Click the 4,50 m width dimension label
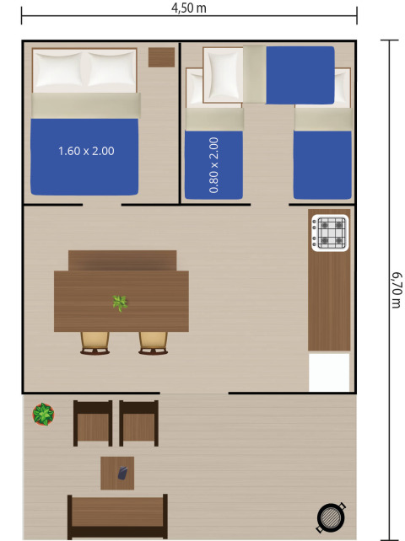[188, 8]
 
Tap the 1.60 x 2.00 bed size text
[86, 152]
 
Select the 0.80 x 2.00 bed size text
[213, 165]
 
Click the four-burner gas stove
[329, 233]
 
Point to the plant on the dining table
[121, 303]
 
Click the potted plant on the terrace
[42, 414]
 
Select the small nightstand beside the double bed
[161, 57]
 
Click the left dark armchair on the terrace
[93, 422]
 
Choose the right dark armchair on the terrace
[138, 422]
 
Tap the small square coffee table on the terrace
[117, 473]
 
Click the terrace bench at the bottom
[117, 513]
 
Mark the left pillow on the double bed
[58, 70]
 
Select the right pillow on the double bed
[111, 72]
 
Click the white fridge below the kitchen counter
[329, 372]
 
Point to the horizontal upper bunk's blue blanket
[300, 75]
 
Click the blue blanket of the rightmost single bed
[322, 163]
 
